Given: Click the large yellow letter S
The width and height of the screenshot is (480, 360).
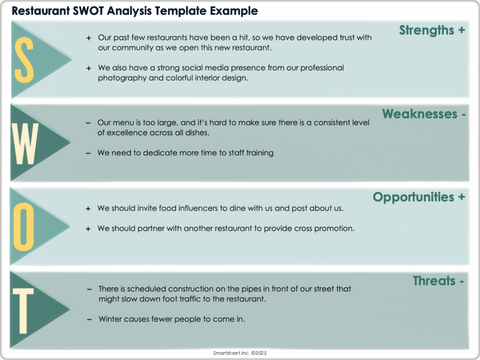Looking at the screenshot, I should point(24,60).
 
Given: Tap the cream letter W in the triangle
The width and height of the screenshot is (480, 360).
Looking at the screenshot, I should point(25,142).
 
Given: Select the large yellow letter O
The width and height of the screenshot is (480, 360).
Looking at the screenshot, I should point(24,226).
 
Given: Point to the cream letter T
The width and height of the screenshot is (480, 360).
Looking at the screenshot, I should point(23,309).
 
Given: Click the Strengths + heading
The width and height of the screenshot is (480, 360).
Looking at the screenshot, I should point(432,30).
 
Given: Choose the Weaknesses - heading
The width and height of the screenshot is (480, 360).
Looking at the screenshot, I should point(424,114).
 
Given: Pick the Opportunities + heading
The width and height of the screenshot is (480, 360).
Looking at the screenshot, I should point(419,197).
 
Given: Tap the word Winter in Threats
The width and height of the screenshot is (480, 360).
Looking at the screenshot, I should point(110,319).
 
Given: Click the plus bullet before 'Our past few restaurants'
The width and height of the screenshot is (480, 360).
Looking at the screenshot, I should point(89,38).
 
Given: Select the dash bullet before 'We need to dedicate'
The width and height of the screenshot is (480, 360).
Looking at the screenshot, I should point(88,153).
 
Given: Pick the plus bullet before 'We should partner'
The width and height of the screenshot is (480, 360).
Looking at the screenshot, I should point(88,228).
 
